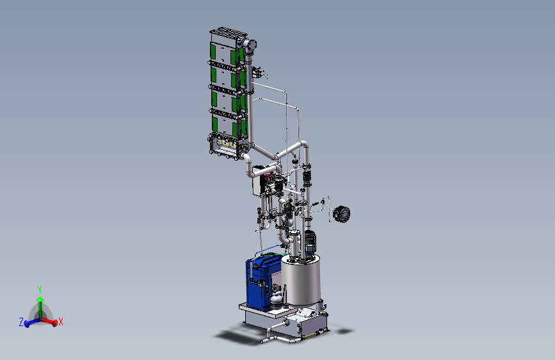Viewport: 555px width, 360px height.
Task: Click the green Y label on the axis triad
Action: click(40, 290)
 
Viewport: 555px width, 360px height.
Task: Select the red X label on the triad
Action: click(61, 322)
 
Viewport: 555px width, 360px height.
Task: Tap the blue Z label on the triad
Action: click(21, 322)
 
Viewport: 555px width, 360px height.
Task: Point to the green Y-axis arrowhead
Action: click(40, 299)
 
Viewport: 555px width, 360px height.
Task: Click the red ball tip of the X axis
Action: click(54, 323)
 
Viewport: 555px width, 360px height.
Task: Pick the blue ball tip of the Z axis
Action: click(27, 324)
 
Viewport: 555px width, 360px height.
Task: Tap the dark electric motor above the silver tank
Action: click(310, 242)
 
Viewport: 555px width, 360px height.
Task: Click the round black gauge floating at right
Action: click(342, 214)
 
